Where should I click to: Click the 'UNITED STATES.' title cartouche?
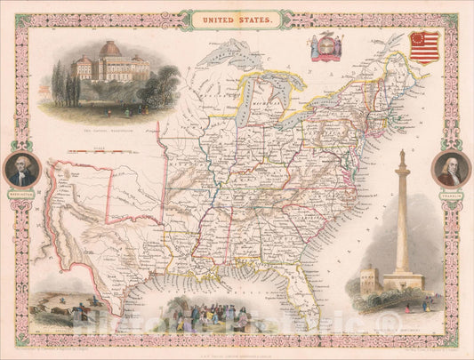[236, 16]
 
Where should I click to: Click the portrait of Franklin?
[451, 168]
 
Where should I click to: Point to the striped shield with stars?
[424, 48]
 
